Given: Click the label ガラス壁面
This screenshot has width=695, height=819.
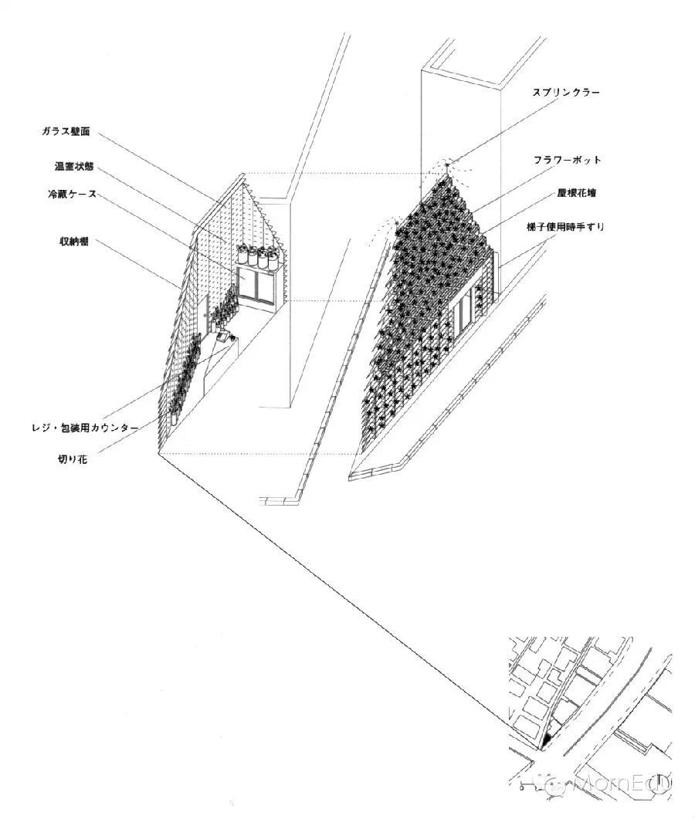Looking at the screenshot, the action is [66, 131].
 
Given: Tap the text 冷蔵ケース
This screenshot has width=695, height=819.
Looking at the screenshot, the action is [70, 194].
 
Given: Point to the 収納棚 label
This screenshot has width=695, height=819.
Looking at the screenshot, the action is [74, 242].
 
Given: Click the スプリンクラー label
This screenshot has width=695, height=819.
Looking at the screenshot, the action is [566, 92].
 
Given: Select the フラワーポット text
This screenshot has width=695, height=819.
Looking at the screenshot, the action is [566, 160].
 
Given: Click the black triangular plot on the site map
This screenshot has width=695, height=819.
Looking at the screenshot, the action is [548, 739].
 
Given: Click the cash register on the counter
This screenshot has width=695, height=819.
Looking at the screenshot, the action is [222, 337].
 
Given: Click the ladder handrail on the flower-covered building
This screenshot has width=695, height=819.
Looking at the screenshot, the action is [503, 269].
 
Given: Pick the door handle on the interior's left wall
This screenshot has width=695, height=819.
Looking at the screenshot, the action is [207, 315].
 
